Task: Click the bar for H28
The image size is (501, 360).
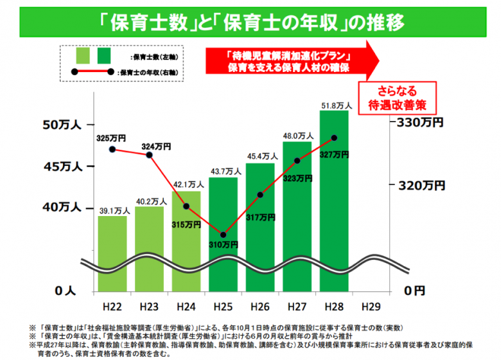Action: [334, 193]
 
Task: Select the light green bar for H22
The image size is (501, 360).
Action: [112, 251]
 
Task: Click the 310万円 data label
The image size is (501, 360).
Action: [222, 245]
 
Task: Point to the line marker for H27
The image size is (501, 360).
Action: [297, 161]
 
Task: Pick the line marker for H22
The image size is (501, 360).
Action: [112, 149]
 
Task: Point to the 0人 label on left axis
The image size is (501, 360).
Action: [66, 291]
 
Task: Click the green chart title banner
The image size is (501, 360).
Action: [251, 22]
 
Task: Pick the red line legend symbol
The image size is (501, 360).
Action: [92, 71]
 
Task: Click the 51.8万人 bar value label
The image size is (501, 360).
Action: [334, 105]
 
